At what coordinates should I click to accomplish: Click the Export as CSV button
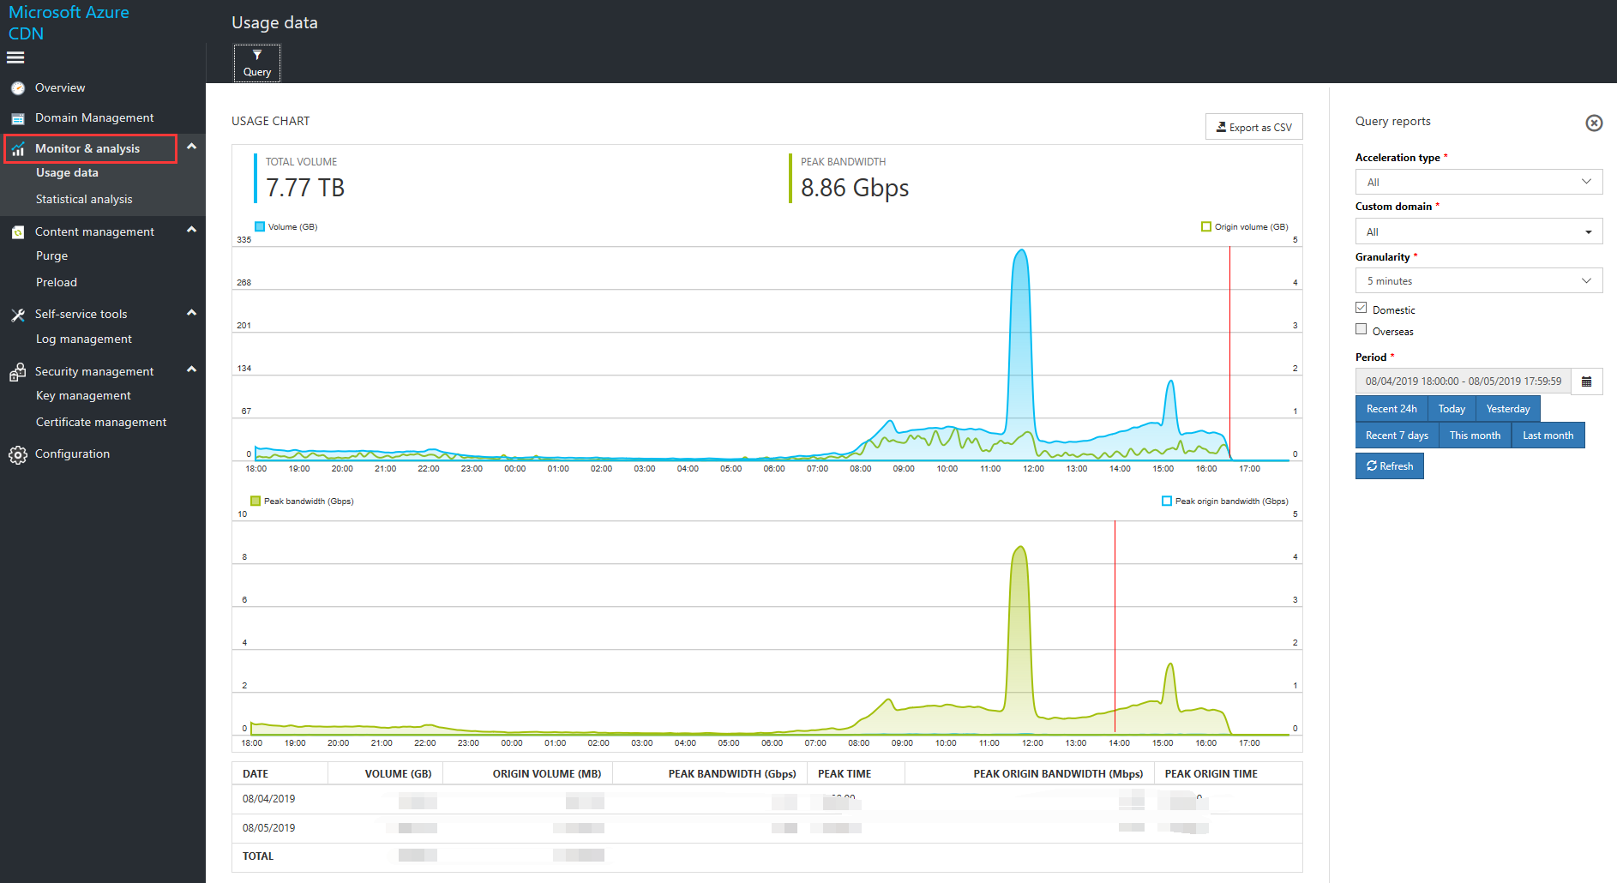pyautogui.click(x=1253, y=127)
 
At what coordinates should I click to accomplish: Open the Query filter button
pyautogui.click(x=257, y=63)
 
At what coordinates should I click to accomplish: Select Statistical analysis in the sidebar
pyautogui.click(x=84, y=199)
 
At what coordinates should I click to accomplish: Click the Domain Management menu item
pyautogui.click(x=94, y=117)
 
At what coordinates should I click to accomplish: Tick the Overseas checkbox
pyautogui.click(x=1361, y=329)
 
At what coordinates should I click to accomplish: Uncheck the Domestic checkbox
pyautogui.click(x=1361, y=308)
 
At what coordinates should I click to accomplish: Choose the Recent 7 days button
pyautogui.click(x=1397, y=435)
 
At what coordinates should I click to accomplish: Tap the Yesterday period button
pyautogui.click(x=1507, y=409)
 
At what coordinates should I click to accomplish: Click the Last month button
pyautogui.click(x=1548, y=435)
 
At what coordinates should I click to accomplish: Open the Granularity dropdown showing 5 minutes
pyautogui.click(x=1478, y=280)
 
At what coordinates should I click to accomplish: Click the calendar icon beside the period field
pyautogui.click(x=1586, y=381)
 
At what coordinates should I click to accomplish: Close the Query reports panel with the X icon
pyautogui.click(x=1594, y=123)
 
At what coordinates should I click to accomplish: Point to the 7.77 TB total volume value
pyautogui.click(x=305, y=188)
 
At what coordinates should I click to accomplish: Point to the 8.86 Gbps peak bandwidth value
pyautogui.click(x=855, y=188)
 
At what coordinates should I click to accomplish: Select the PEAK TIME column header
pyautogui.click(x=845, y=773)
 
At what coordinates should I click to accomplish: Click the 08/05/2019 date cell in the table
pyautogui.click(x=268, y=828)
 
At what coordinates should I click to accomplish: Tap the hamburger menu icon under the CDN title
pyautogui.click(x=15, y=57)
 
